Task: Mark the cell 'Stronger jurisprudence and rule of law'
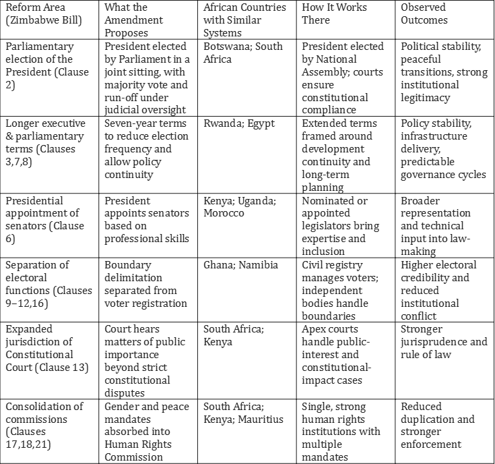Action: click(x=443, y=342)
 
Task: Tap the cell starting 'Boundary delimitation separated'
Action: click(x=146, y=284)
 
